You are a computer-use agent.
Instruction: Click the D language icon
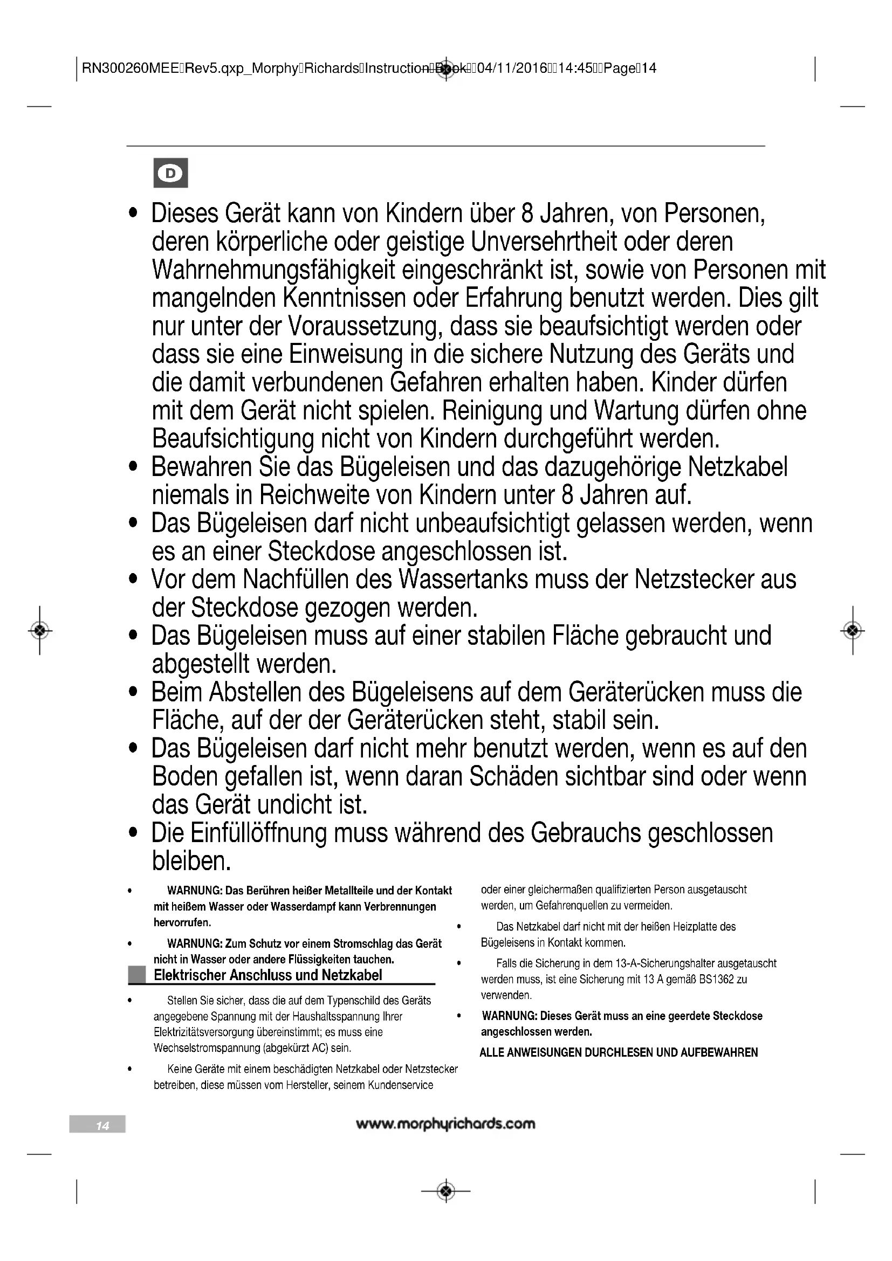click(171, 173)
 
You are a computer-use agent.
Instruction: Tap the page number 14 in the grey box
click(102, 1126)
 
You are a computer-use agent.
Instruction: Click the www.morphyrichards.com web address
click(445, 1124)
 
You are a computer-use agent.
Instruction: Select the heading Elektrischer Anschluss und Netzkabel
click(267, 975)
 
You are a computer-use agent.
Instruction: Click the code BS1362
click(717, 979)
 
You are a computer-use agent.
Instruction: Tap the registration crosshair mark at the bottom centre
click(446, 1191)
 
